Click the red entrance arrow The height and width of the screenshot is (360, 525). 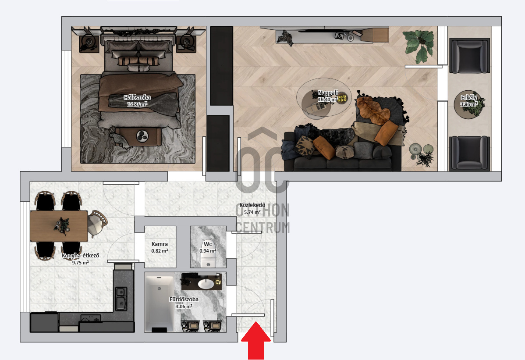256,341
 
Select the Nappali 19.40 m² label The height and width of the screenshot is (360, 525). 327,96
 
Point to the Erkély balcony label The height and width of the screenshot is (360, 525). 468,101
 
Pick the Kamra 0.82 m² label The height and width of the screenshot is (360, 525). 160,247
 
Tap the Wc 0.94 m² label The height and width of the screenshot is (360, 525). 208,247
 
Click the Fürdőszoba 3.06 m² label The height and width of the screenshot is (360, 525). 184,303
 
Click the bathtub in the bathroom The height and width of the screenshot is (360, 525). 159,303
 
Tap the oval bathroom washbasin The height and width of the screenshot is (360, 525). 206,284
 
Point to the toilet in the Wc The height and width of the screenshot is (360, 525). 207,260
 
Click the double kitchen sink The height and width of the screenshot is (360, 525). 121,298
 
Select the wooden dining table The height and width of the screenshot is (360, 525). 59,225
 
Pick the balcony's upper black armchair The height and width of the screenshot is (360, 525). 469,55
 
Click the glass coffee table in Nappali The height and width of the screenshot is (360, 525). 323,101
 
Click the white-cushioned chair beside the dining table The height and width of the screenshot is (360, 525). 96,222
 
